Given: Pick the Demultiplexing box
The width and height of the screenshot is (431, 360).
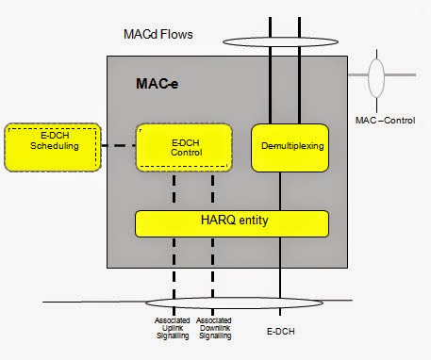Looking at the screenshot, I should [x=289, y=146].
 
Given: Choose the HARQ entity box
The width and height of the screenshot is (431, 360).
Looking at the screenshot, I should [x=232, y=223].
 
